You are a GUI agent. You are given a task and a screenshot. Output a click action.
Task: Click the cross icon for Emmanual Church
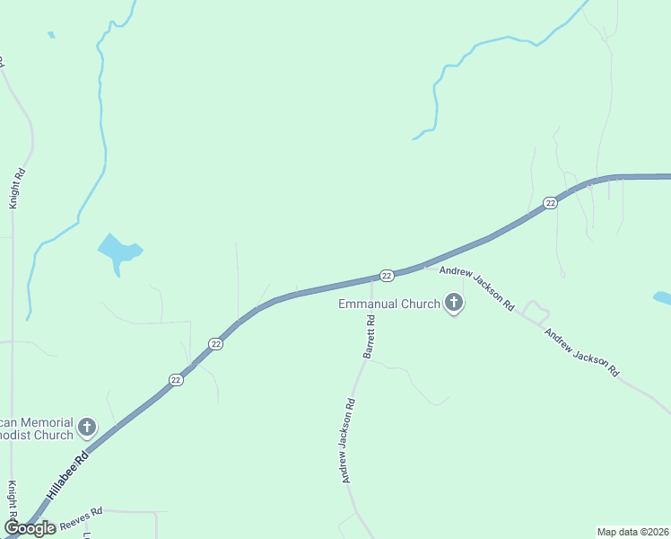[x=454, y=304]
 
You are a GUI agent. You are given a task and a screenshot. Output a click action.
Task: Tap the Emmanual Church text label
[x=389, y=304]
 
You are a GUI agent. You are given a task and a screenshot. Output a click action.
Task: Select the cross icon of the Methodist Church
[x=87, y=428]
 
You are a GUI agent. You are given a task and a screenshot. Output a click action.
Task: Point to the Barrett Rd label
[x=370, y=337]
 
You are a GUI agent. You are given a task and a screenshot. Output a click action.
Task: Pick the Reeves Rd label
[x=82, y=517]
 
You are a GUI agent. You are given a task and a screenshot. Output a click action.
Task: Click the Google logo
[x=30, y=527]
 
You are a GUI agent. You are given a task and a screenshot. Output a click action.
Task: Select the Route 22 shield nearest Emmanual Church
[x=387, y=274]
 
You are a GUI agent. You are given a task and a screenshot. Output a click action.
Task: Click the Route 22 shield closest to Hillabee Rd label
[x=176, y=380]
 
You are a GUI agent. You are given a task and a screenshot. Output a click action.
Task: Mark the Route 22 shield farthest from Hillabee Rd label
[x=551, y=203]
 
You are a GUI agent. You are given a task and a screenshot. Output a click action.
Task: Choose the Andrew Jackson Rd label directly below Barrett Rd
[x=350, y=441]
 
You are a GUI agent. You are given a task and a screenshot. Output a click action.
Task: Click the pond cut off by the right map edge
[x=662, y=297]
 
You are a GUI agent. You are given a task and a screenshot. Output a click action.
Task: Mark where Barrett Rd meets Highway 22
[x=371, y=278]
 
